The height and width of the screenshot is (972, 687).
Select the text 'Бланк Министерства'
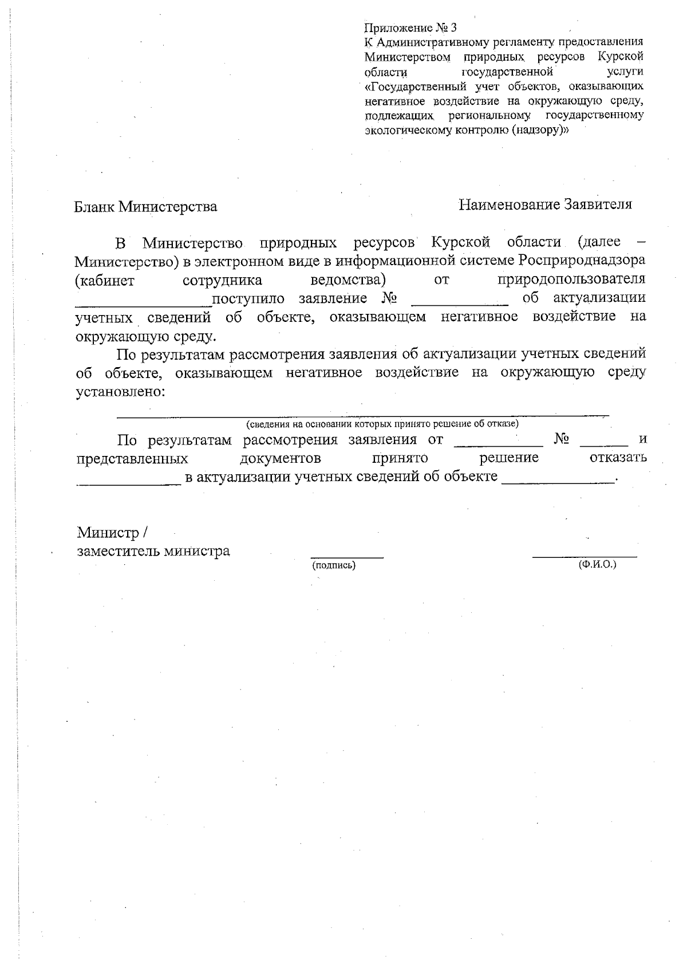pyautogui.click(x=146, y=206)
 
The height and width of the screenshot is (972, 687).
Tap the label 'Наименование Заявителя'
pyautogui.click(x=545, y=204)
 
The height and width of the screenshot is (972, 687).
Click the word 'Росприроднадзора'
pyautogui.click(x=582, y=261)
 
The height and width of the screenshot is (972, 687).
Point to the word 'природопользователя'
pyautogui.click(x=571, y=280)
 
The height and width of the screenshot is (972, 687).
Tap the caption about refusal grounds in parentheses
pyautogui.click(x=382, y=424)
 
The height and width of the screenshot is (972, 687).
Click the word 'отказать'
pyautogui.click(x=618, y=458)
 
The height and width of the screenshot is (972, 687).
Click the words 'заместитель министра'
pyautogui.click(x=154, y=551)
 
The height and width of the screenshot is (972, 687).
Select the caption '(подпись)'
pyautogui.click(x=334, y=565)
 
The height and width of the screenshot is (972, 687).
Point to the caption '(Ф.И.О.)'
pyautogui.click(x=598, y=564)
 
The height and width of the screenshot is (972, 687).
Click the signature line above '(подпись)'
pyautogui.click(x=347, y=556)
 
